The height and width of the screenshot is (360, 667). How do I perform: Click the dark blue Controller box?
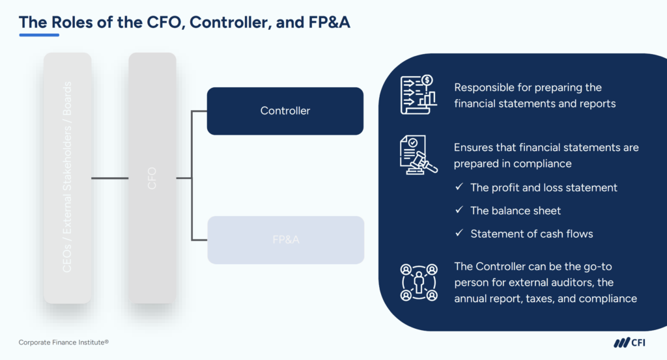285,111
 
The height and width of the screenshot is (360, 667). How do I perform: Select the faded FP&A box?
285,240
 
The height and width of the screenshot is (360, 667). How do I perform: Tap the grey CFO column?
152,178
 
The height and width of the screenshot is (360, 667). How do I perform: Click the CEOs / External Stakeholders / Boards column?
67,178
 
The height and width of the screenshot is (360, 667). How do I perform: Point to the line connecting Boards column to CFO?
109,178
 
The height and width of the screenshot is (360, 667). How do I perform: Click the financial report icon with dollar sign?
417,95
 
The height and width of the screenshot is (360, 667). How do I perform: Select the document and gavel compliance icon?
418,154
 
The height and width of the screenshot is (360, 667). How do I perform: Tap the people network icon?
418,282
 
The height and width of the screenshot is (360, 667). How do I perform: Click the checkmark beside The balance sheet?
459,210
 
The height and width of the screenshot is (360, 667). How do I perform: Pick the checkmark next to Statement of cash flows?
459,233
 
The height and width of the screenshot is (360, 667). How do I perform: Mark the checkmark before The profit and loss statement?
459,187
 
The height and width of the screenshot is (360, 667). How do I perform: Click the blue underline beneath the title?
39,35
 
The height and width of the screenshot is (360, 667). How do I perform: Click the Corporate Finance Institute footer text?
63,342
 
